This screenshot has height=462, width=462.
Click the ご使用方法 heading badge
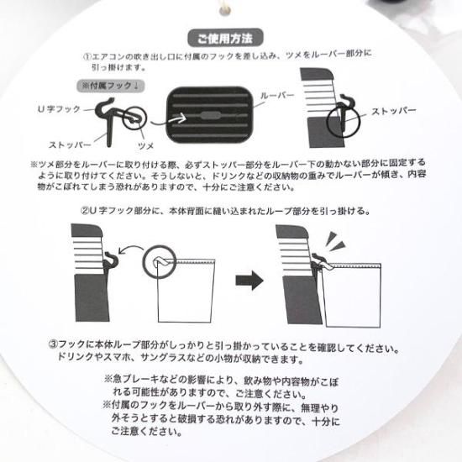pos(225,38)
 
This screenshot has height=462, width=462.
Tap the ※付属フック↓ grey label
pos(111,86)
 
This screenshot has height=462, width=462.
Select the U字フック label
pos(59,109)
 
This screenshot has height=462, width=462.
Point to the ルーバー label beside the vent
pos(277,96)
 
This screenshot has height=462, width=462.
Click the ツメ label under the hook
pos(146,145)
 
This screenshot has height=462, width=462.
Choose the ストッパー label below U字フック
pos(70,144)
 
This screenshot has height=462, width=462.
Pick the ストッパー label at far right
pos(394,111)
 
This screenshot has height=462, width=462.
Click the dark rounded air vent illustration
pos(210,114)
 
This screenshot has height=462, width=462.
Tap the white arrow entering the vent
pos(169,120)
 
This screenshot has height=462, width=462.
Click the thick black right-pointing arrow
pos(249,281)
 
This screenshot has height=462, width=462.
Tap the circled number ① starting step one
pos(87,56)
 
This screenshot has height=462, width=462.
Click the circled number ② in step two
pos(85,211)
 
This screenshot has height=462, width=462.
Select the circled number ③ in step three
pos(53,344)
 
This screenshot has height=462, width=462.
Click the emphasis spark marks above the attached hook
pos(335,240)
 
